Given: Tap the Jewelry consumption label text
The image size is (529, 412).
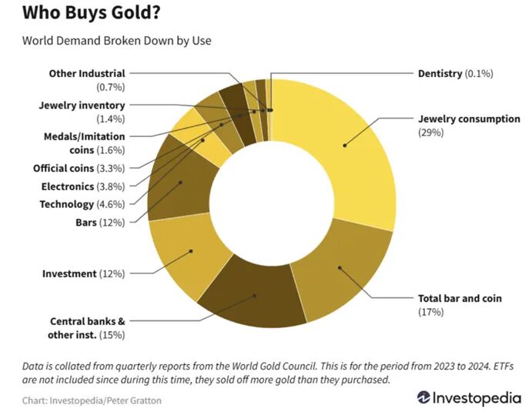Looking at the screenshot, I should (469, 119).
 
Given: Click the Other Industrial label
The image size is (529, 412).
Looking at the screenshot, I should (87, 74).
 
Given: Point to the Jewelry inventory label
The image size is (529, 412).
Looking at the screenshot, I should (81, 105).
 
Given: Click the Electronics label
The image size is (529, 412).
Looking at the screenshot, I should (78, 186).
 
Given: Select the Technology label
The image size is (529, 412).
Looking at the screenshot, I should (77, 204).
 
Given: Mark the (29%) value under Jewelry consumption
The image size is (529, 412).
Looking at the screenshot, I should (431, 132).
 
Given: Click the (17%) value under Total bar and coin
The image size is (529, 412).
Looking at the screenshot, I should (431, 311).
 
